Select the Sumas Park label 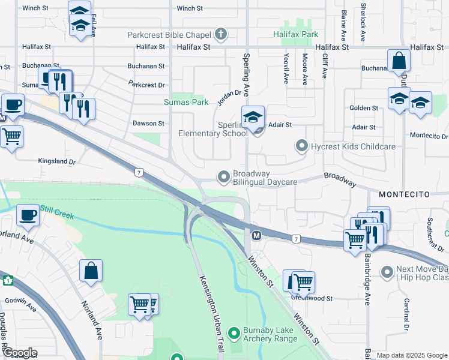[186, 103]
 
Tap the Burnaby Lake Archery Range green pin [235, 332]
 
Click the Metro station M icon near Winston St [256, 235]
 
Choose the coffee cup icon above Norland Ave [28, 215]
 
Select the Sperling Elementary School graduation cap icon [253, 116]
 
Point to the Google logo [19, 353]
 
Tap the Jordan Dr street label [229, 97]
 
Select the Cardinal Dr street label [407, 316]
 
